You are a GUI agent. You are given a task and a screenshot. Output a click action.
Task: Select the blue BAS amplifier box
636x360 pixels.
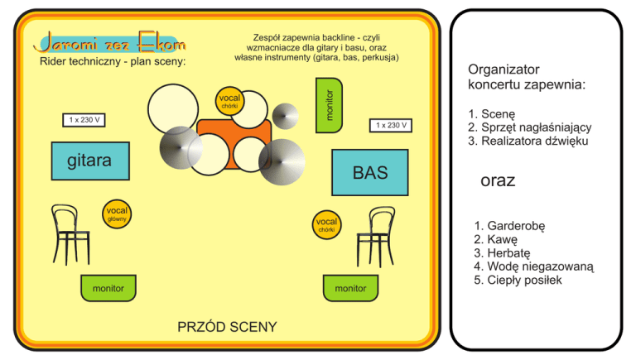click(370, 172)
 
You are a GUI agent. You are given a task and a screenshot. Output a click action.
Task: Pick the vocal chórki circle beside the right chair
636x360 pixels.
click(327, 224)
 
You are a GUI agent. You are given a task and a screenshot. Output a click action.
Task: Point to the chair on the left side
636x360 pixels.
click(70, 232)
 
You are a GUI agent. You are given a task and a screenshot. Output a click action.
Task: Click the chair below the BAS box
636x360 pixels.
click(375, 235)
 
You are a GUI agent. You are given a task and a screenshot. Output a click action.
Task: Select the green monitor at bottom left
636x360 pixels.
click(108, 288)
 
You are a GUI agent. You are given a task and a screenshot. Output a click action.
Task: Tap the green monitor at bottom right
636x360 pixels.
click(349, 288)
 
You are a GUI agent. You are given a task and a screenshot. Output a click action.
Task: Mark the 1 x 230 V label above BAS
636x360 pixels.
click(392, 126)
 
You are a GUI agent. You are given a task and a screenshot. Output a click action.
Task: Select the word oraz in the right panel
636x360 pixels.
click(498, 180)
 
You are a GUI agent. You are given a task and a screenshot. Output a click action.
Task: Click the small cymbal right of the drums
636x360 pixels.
click(286, 116)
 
